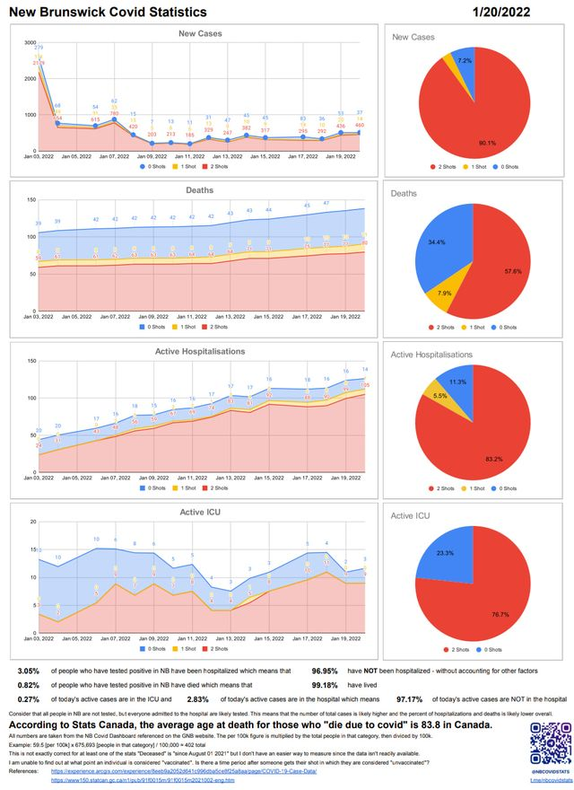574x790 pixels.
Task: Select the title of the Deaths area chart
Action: coord(199,189)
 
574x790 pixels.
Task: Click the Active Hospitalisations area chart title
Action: coord(198,351)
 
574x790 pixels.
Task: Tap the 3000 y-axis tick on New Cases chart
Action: coord(30,43)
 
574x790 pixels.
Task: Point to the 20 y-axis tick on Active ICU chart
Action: coord(33,522)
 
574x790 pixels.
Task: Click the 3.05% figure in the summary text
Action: coord(28,670)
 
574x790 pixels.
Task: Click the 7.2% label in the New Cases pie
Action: coord(465,60)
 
